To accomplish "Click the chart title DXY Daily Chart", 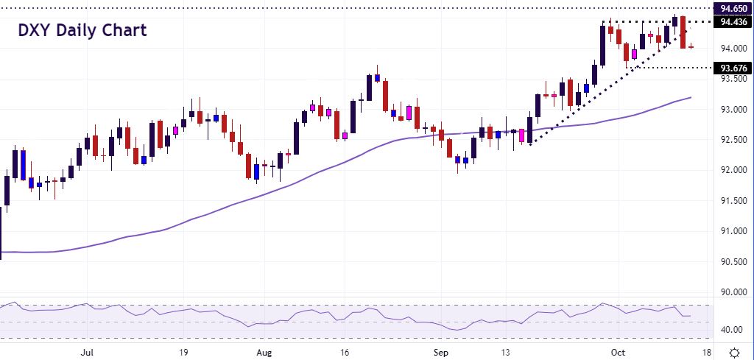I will click(82, 30).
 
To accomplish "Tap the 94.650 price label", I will click(734, 9).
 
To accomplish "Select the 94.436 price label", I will click(734, 21).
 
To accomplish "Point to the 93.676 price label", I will click(734, 68).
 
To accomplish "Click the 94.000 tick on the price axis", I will click(734, 49).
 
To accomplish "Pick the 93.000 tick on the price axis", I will click(734, 110).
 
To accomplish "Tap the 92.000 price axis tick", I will click(734, 171).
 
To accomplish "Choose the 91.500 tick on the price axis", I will click(734, 201).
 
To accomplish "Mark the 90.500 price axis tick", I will click(734, 262).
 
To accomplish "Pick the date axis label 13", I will click(506, 351).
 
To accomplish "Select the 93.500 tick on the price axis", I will click(734, 80).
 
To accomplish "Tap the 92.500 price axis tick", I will click(734, 140).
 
